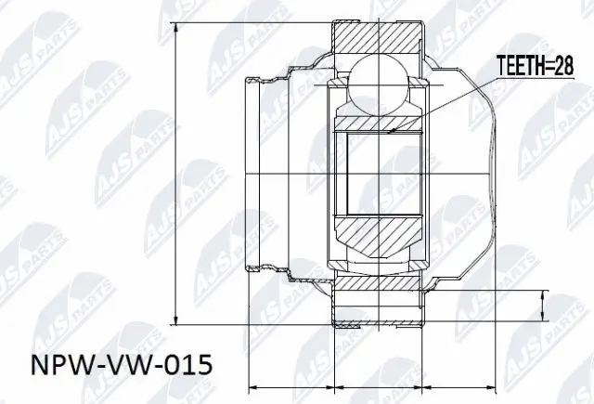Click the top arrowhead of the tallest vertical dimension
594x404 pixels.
tap(175, 23)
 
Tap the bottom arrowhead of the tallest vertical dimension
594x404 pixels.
tap(175, 321)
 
